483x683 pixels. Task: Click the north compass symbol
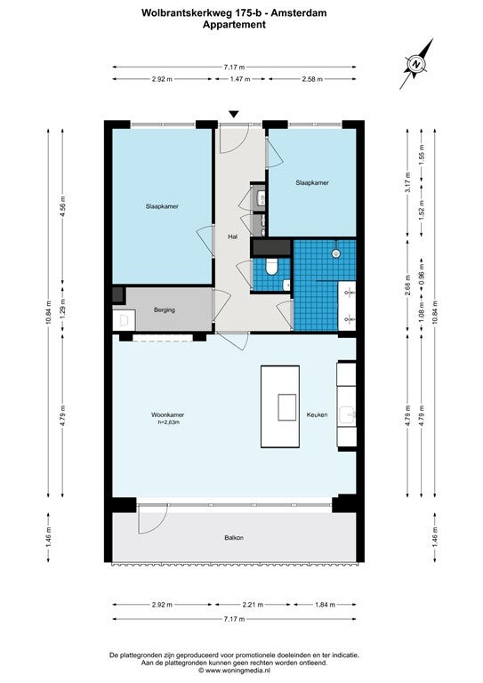[x=417, y=64]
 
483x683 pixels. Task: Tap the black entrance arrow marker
[x=234, y=115]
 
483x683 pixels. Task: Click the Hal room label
[x=233, y=237]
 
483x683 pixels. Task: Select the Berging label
[x=165, y=310]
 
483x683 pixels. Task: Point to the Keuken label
[x=317, y=414]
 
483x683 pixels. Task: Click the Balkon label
[x=234, y=538]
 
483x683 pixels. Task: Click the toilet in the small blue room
[x=272, y=267]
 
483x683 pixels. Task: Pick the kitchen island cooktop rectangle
[x=287, y=407]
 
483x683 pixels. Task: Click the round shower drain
[x=336, y=253]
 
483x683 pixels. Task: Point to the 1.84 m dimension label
[x=325, y=605]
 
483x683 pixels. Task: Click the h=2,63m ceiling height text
[x=169, y=422]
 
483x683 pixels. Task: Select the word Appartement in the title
[x=234, y=24]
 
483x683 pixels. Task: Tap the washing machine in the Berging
[x=124, y=320]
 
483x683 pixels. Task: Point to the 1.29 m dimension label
[x=63, y=309]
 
